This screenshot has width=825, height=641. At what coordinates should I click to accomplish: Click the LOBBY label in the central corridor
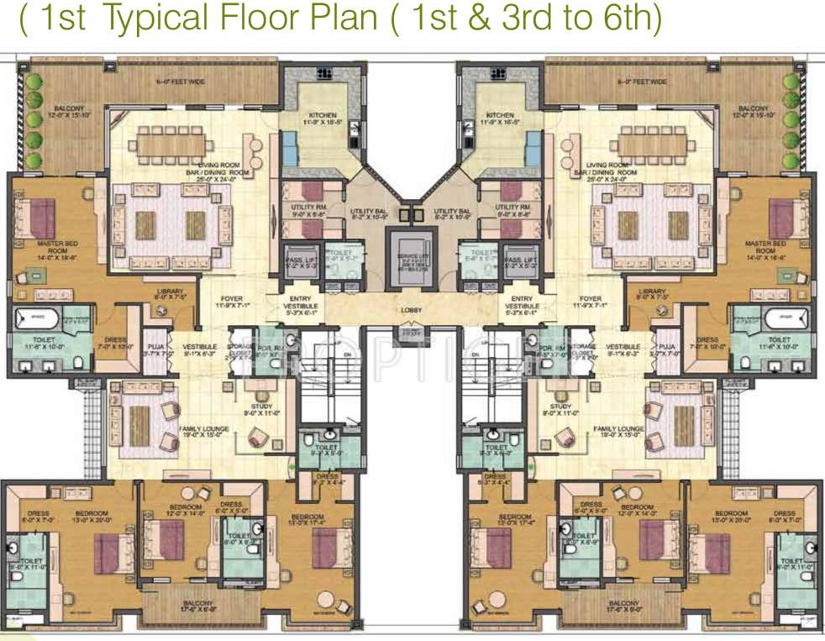412,311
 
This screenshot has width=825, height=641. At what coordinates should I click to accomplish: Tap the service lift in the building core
412,256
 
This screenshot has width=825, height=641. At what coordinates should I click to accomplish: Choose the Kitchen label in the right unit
500,115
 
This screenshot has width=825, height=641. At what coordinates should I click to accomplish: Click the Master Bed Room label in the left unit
52,247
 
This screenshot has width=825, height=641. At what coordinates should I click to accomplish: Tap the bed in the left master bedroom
41,217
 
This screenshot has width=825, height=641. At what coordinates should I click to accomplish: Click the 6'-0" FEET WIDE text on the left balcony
175,82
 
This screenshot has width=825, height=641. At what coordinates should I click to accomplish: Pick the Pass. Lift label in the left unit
298,262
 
